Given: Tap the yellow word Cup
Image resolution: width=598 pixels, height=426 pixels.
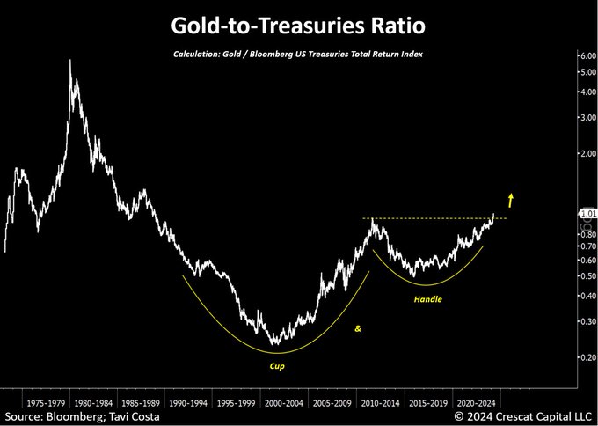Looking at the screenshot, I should click(x=277, y=364).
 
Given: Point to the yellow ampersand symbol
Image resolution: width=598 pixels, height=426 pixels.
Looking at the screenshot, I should click(x=358, y=328).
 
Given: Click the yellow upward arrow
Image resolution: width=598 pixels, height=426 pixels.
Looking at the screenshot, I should click(x=510, y=199).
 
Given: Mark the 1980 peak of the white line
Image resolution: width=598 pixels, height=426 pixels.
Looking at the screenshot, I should click(x=70, y=61).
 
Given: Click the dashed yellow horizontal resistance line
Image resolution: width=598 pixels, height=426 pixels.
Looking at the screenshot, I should click(x=431, y=217).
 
